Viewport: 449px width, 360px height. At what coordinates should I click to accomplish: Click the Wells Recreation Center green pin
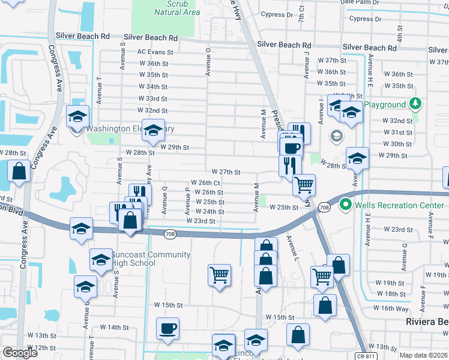(x=345, y=205)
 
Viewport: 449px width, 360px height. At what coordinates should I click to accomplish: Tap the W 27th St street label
(x=225, y=172)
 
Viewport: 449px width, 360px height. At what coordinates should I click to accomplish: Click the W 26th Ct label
(x=206, y=182)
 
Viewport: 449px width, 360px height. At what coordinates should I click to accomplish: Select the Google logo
(x=20, y=353)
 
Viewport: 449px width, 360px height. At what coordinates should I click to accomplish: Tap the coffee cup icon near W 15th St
(x=168, y=329)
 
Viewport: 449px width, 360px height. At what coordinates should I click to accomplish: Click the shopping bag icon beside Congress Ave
(x=20, y=171)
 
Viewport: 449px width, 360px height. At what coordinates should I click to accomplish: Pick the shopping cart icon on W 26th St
(x=304, y=185)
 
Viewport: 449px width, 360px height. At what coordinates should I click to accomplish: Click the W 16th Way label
(x=391, y=308)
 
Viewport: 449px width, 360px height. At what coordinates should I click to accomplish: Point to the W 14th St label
(x=114, y=327)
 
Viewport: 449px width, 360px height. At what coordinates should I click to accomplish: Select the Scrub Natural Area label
(x=177, y=8)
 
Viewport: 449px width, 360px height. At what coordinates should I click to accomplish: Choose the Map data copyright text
(x=423, y=355)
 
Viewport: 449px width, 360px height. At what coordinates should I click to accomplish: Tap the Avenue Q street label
(x=164, y=199)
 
